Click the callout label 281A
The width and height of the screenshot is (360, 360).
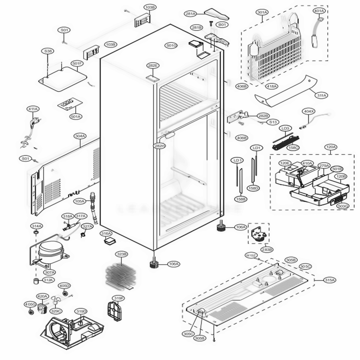(190, 14)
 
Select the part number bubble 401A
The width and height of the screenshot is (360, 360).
(319, 11)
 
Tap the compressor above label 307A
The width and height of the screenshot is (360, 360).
(50, 250)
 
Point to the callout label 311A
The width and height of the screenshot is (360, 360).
(321, 95)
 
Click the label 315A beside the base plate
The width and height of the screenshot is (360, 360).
(329, 280)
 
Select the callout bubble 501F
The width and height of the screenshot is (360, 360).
(77, 64)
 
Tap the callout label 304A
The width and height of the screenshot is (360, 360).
(80, 136)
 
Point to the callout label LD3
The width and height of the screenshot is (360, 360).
(285, 128)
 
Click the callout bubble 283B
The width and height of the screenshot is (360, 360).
(267, 249)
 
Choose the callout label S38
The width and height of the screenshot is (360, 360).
(48, 51)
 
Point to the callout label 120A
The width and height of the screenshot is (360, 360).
(330, 147)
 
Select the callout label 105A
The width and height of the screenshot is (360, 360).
(80, 201)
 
